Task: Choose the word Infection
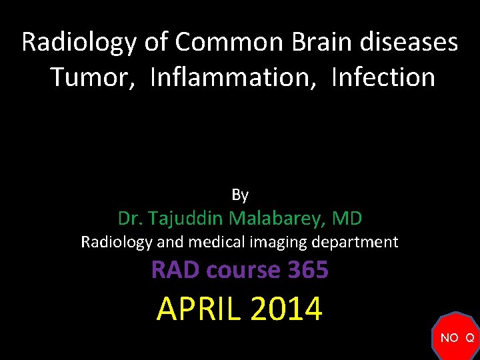(383, 77)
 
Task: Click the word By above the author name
(240, 195)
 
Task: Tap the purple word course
(244, 270)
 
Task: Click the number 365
(308, 270)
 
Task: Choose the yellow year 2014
(286, 309)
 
